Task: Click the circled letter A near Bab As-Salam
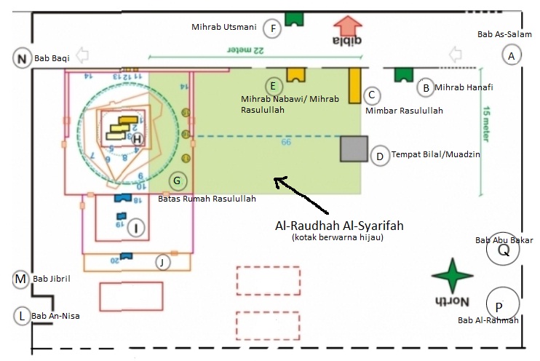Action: tap(512, 55)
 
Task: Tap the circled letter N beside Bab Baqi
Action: tap(22, 59)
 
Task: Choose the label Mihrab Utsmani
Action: tap(223, 28)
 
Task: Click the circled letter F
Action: tap(273, 28)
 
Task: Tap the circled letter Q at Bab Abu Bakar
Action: tap(503, 250)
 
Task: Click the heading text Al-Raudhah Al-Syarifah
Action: tap(339, 225)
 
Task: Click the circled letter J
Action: tap(164, 261)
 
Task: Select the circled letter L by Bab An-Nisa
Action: tap(23, 316)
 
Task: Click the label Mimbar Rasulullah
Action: tap(403, 111)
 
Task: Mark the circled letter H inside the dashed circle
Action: tap(135, 138)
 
